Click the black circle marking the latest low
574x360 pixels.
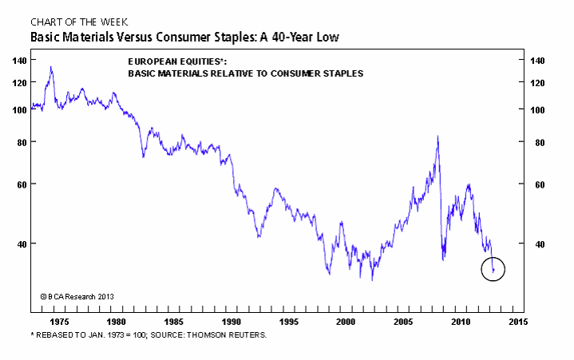pyautogui.click(x=493, y=270)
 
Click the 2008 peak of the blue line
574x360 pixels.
pyautogui.click(x=437, y=137)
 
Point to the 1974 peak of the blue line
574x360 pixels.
pyautogui.click(x=51, y=68)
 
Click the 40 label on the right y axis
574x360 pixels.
pyautogui.click(x=540, y=243)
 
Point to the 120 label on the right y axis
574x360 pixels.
pyautogui.click(x=542, y=83)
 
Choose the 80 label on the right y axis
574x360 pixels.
pyautogui.click(x=540, y=142)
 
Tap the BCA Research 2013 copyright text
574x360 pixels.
pyautogui.click(x=77, y=295)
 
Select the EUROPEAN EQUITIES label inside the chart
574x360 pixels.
pyautogui.click(x=173, y=62)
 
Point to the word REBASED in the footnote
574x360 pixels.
pyautogui.click(x=55, y=334)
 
